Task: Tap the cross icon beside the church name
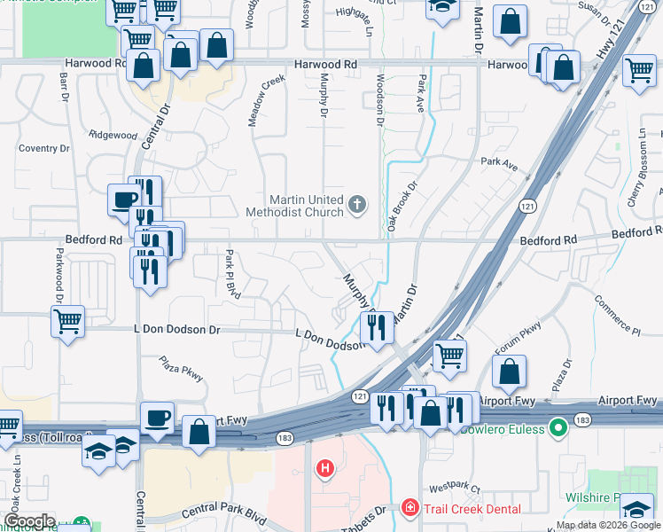coord(357,206)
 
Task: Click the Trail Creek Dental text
coord(471,508)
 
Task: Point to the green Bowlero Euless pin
coord(558,428)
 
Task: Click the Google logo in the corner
coord(29,521)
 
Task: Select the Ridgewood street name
coord(113,136)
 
